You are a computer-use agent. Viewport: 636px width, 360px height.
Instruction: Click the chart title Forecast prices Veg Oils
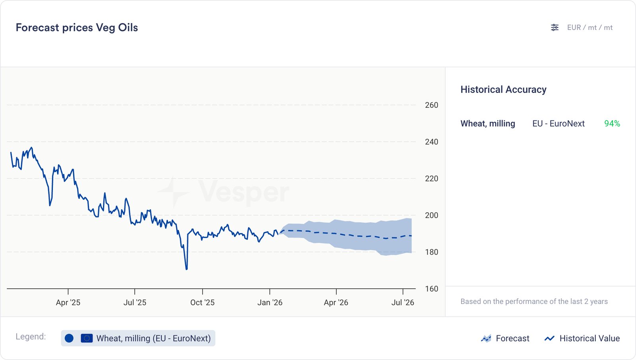point(77,27)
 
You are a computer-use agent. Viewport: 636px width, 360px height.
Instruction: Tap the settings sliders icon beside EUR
point(555,27)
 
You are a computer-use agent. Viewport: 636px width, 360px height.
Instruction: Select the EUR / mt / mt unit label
point(589,27)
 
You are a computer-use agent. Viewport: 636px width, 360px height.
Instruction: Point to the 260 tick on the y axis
point(431,105)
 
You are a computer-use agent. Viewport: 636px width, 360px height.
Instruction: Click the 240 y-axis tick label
point(431,142)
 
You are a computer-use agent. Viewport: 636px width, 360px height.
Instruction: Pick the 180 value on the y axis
point(431,252)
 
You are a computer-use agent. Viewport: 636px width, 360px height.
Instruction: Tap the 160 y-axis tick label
point(431,289)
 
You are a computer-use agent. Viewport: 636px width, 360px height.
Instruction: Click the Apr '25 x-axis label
point(68,302)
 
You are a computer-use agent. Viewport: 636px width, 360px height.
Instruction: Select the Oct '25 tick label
point(202,302)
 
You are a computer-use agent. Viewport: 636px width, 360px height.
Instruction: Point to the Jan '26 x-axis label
point(270,302)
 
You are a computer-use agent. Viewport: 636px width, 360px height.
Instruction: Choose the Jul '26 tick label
point(403,302)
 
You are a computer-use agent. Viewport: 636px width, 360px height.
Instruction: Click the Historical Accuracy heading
point(503,90)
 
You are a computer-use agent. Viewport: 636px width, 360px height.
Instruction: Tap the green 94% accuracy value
point(612,124)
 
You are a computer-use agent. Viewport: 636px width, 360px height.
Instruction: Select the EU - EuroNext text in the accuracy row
point(558,124)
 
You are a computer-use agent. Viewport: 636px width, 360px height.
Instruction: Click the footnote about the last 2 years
point(534,302)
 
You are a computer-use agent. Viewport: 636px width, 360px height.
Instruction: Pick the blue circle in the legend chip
point(69,338)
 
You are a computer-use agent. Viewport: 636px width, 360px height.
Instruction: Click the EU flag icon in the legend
point(87,338)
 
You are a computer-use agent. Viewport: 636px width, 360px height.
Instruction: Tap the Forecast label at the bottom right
point(512,339)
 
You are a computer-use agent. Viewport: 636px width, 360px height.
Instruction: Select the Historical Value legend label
point(589,339)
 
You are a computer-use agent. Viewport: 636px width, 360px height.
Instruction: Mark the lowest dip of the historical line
point(186,269)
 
